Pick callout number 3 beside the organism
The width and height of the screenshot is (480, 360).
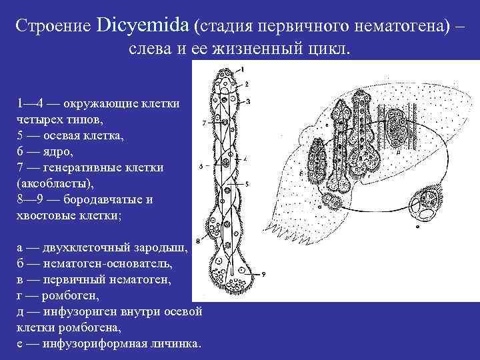point(247,101)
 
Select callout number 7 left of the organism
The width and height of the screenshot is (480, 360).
point(203,123)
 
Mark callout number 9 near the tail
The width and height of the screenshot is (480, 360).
point(264,274)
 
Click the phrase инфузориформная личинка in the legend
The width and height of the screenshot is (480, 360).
point(121,343)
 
